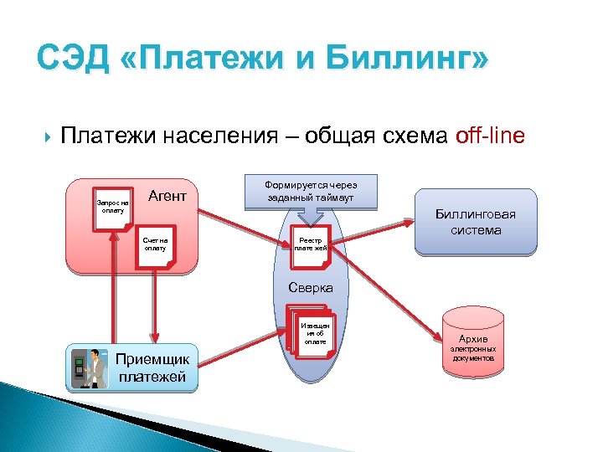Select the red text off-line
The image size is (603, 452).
click(490, 135)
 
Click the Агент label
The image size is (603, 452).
click(167, 196)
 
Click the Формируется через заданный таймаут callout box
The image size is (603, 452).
click(310, 191)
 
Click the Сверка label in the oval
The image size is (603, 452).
click(311, 287)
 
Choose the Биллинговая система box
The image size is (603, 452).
click(475, 223)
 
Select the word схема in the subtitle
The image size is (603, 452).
click(405, 136)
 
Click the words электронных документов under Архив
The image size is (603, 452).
click(473, 353)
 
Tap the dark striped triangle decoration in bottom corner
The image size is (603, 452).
click(33, 419)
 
